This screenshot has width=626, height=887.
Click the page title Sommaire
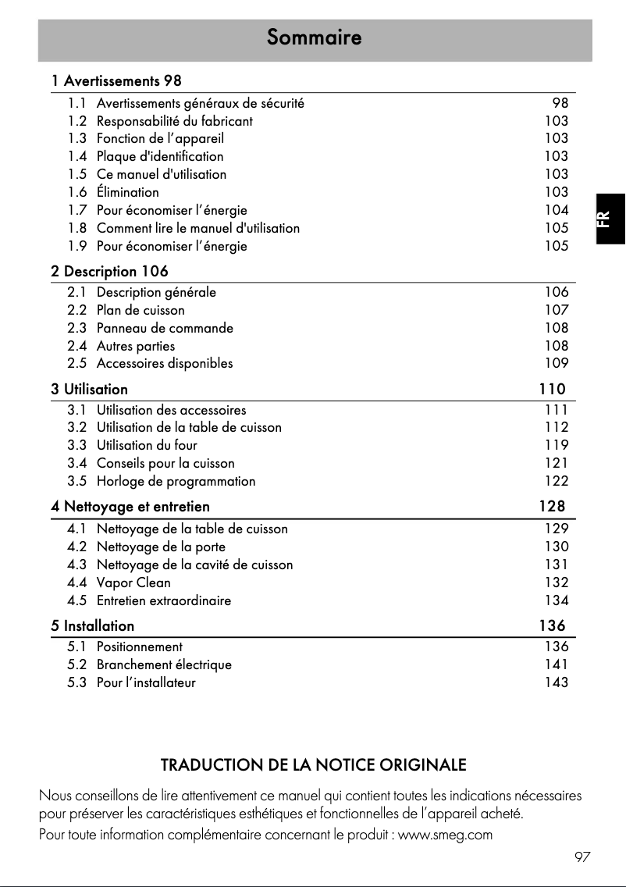click(x=314, y=37)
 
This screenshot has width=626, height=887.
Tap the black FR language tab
click(x=609, y=219)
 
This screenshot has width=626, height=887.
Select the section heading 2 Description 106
click(x=109, y=272)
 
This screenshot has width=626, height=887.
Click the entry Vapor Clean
click(x=133, y=582)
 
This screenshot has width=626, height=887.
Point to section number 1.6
click(x=76, y=192)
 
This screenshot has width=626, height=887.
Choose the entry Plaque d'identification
click(x=160, y=156)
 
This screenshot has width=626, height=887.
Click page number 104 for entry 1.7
click(x=557, y=210)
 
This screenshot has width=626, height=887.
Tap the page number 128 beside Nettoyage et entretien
click(x=552, y=506)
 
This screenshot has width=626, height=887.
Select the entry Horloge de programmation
click(x=176, y=481)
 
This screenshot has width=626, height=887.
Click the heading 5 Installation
click(x=92, y=625)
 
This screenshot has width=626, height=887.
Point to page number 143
click(x=557, y=682)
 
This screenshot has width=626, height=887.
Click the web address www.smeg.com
click(x=446, y=835)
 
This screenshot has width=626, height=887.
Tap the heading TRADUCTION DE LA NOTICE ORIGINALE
click(x=313, y=764)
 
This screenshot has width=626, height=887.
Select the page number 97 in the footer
click(x=582, y=857)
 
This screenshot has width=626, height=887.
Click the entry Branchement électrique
click(x=164, y=664)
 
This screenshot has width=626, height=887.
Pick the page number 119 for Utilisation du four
click(x=557, y=445)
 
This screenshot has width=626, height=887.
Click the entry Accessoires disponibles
click(x=165, y=363)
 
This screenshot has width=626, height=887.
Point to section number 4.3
click(x=76, y=565)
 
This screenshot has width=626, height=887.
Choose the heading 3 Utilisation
click(x=89, y=388)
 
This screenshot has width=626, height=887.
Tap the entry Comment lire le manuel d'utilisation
click(x=198, y=228)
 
